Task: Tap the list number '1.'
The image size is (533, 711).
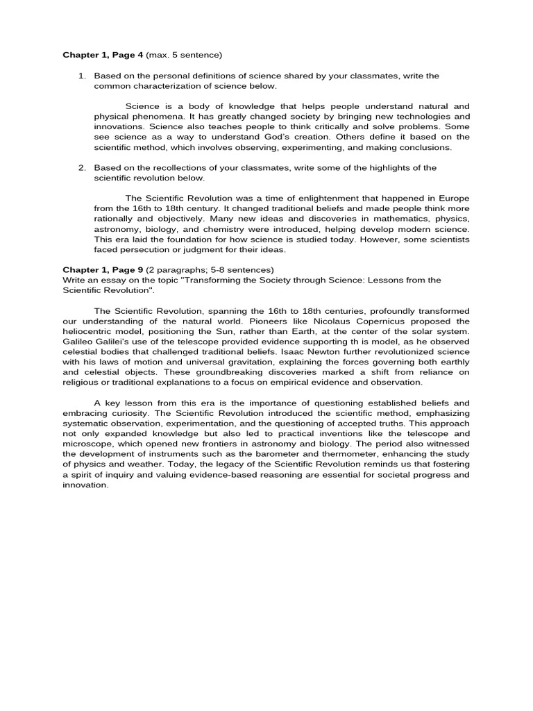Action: coord(82,76)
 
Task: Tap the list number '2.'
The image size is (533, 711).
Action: coord(82,167)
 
